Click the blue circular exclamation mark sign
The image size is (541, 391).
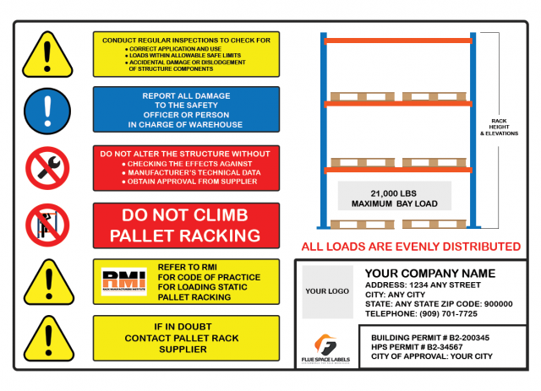pyautogui.click(x=47, y=110)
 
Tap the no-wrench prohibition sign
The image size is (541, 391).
pyautogui.click(x=47, y=166)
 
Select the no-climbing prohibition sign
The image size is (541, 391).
pyautogui.click(x=47, y=224)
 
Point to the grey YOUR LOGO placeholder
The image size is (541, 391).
pyautogui.click(x=327, y=291)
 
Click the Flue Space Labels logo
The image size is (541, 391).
pyautogui.click(x=326, y=348)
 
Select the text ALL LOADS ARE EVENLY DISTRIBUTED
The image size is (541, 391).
pyautogui.click(x=411, y=247)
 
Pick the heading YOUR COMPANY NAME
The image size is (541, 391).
pyautogui.click(x=429, y=274)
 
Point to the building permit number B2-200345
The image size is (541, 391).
pyautogui.click(x=470, y=337)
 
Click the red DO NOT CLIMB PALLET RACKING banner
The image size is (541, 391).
pyautogui.click(x=185, y=225)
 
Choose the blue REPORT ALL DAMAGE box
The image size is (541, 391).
pyautogui.click(x=185, y=110)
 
